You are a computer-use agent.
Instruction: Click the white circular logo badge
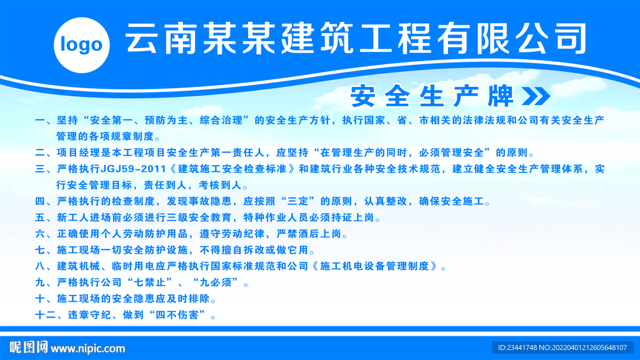click(x=82, y=45)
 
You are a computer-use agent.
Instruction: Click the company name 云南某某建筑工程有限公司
click(x=356, y=38)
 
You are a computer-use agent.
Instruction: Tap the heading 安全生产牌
click(x=432, y=96)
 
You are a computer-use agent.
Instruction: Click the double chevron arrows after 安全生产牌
click(x=536, y=96)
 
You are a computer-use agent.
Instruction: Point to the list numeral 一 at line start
click(x=41, y=121)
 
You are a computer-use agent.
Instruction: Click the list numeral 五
click(x=41, y=217)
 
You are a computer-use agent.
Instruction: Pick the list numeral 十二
click(x=46, y=315)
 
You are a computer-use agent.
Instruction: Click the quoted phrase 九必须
click(x=216, y=282)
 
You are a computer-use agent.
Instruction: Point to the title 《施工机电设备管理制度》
click(x=375, y=266)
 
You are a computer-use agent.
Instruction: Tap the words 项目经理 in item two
click(x=78, y=152)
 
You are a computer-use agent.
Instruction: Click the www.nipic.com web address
click(x=87, y=349)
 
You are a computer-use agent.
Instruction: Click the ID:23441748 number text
click(x=517, y=347)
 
